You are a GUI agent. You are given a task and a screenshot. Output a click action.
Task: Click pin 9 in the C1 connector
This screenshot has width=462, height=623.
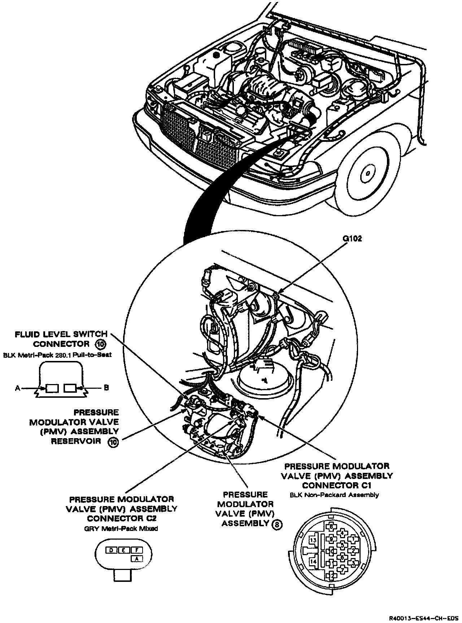point(331,539)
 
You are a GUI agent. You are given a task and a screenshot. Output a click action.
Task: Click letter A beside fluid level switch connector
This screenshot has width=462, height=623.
point(17,388)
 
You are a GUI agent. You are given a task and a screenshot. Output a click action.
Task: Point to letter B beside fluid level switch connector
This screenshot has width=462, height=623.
point(106,388)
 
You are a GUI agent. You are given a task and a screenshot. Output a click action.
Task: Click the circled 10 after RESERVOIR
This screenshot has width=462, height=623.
point(113,442)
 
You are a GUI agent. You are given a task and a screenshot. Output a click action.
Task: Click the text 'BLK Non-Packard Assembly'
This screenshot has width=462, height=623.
point(334,495)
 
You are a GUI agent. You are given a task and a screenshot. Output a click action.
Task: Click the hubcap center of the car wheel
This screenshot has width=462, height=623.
point(366,173)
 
